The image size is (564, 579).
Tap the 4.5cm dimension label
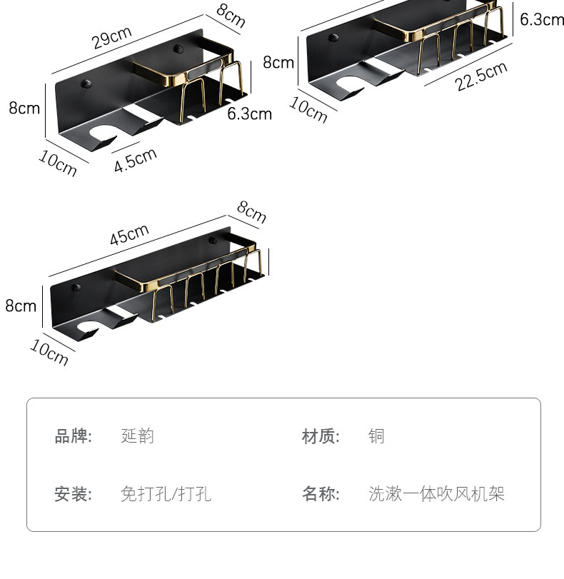(135, 160)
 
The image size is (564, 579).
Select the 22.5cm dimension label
(482, 76)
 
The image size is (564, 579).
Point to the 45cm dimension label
(129, 234)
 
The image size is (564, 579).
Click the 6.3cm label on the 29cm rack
(250, 114)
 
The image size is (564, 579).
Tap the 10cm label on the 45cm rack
(49, 353)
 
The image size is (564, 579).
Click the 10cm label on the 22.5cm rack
(308, 109)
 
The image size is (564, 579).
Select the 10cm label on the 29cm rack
(57, 164)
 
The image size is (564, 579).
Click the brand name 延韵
(138, 436)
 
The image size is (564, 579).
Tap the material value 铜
(376, 436)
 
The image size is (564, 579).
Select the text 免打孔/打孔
(166, 493)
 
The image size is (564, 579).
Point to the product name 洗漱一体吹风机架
(437, 493)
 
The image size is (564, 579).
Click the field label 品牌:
(74, 436)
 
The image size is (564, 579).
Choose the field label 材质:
(321, 436)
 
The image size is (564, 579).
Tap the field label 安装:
(74, 493)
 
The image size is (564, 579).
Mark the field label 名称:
(321, 493)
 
